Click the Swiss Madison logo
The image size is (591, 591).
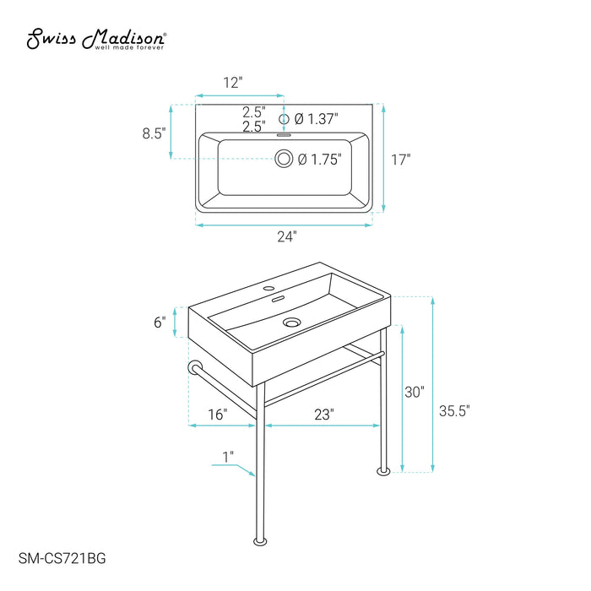pyautogui.click(x=96, y=39)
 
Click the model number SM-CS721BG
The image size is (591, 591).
pyautogui.click(x=62, y=558)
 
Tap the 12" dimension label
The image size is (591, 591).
pyautogui.click(x=232, y=83)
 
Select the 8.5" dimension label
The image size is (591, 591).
pyautogui.click(x=154, y=133)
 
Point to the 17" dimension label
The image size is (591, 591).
pyautogui.click(x=401, y=160)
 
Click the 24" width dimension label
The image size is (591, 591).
pyautogui.click(x=287, y=236)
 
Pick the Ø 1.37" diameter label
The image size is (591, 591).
pyautogui.click(x=316, y=119)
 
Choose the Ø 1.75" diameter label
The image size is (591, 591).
pyautogui.click(x=320, y=160)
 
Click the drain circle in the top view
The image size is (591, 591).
pyautogui.click(x=284, y=159)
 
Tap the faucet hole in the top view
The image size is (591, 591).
pyautogui.click(x=284, y=119)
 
